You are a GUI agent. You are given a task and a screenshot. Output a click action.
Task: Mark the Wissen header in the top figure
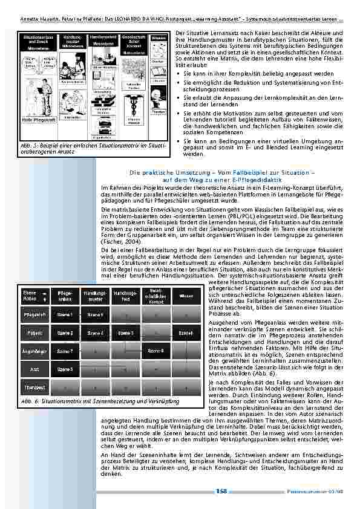159,38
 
